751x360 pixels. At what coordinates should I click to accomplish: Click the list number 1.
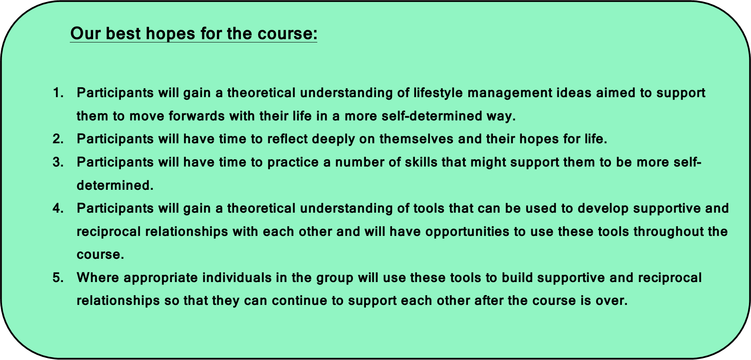pyautogui.click(x=58, y=93)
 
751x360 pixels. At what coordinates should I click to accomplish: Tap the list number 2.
pyautogui.click(x=58, y=139)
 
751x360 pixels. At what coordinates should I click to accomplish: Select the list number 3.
pyautogui.click(x=58, y=162)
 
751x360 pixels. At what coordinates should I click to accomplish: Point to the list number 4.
pyautogui.click(x=58, y=209)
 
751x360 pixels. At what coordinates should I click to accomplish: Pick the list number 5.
pyautogui.click(x=58, y=278)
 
